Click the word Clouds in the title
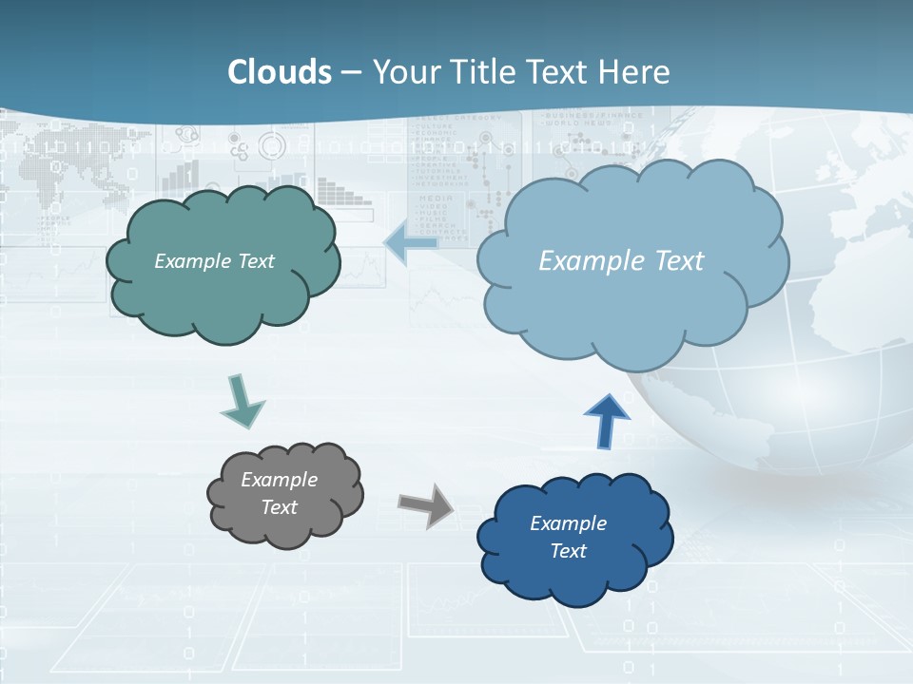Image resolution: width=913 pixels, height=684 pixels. coord(280,72)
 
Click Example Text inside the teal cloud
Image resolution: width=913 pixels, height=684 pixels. coord(214,261)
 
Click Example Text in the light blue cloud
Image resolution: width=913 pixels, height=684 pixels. coord(621,261)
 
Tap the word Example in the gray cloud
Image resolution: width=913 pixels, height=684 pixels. coord(279,480)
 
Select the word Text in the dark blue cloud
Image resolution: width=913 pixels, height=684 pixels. coord(568,551)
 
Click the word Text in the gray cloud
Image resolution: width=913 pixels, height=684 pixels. coord(279,507)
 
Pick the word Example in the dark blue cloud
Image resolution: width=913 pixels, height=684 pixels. coord(568,523)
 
